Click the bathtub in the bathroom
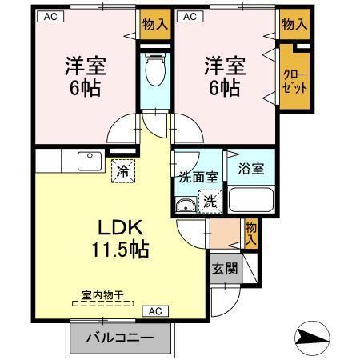click(250, 200)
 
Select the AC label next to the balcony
click(154, 310)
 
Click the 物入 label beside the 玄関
click(250, 234)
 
